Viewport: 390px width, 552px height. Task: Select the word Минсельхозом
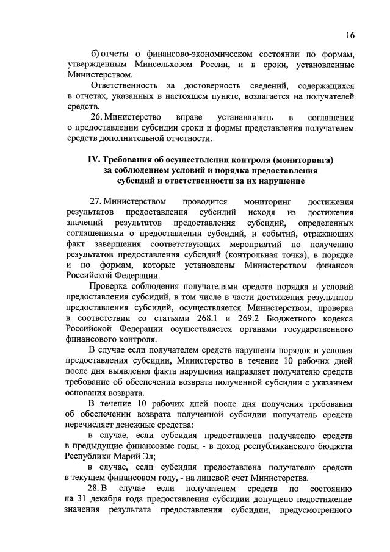[161, 65]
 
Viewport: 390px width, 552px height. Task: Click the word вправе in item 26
[181, 116]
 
